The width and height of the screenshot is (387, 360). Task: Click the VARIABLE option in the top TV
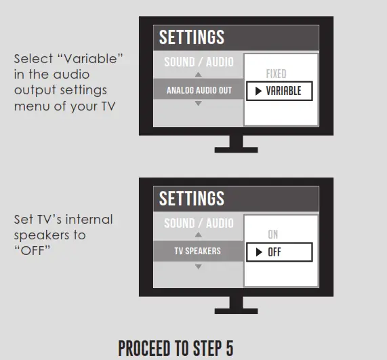point(279,91)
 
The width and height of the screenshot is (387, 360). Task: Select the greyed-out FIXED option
point(276,74)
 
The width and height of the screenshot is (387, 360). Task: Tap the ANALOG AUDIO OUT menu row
point(199,90)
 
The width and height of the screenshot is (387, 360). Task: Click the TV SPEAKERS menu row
point(199,251)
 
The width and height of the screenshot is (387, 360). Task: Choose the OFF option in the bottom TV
point(279,252)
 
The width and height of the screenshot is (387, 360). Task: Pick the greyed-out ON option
point(273,235)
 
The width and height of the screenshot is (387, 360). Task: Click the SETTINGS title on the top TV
point(192,37)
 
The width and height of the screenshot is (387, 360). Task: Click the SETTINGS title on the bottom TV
point(192,198)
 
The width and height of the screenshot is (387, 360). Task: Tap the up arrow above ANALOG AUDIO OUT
point(198,75)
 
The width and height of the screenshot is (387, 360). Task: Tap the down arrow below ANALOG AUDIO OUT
point(198,103)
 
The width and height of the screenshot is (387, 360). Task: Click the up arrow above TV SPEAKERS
point(198,235)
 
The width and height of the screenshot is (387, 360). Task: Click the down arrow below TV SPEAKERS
point(198,266)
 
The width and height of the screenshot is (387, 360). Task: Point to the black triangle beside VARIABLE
point(258,91)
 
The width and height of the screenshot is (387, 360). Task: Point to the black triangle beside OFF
point(259,252)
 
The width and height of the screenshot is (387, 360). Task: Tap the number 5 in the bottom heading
point(229,348)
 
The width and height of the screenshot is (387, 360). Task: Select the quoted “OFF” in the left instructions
point(32,251)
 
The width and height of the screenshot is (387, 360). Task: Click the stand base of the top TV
point(236,150)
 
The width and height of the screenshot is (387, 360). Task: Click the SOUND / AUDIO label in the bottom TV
point(199,223)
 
